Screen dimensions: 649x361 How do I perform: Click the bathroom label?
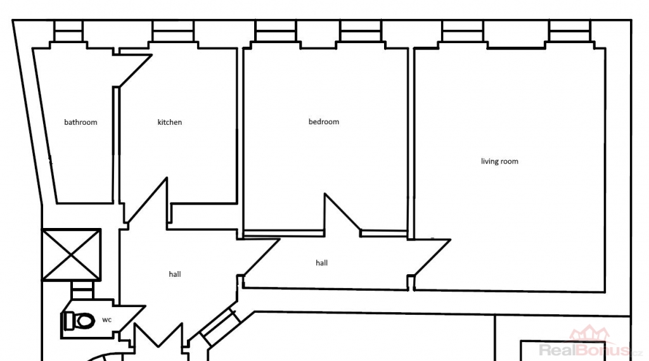(80, 122)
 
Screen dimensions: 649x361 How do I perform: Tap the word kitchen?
(170, 122)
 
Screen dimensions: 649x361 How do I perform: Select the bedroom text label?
(324, 122)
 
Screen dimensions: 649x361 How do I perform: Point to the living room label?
(499, 161)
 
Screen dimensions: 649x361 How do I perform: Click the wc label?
(106, 320)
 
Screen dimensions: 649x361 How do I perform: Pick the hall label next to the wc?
(175, 274)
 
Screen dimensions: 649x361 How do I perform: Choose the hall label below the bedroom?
(321, 263)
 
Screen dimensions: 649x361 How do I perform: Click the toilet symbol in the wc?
(79, 321)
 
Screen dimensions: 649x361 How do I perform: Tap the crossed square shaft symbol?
(71, 255)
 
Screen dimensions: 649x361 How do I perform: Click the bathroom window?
(68, 31)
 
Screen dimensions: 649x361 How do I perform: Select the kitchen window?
(173, 31)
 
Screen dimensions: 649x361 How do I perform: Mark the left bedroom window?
(276, 31)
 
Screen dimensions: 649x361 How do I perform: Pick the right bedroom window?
(361, 31)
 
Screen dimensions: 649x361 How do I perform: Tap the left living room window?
(463, 31)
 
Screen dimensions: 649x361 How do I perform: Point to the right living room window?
(570, 31)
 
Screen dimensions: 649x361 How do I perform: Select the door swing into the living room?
(432, 256)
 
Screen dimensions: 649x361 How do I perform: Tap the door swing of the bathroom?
(135, 71)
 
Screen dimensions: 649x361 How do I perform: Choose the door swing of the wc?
(132, 319)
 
